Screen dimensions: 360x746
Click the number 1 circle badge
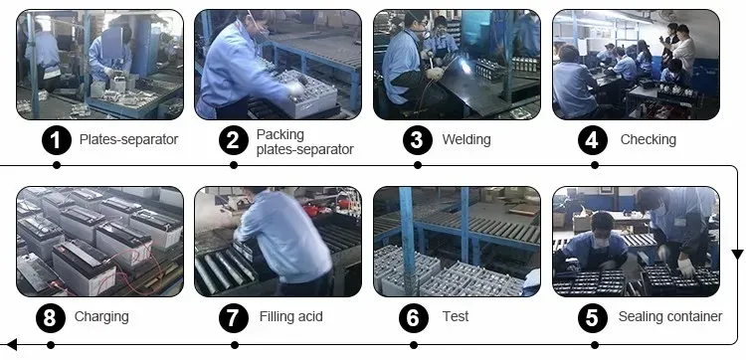click(57, 140)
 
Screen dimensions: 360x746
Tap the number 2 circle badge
click(233, 140)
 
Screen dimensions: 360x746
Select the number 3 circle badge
click(416, 140)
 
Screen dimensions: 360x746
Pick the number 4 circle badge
click(594, 140)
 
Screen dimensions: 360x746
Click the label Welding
click(466, 140)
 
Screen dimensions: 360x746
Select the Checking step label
click(648, 140)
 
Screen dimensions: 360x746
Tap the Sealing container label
click(669, 317)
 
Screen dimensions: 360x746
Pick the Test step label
click(456, 317)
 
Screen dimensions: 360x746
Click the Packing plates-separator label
click(304, 141)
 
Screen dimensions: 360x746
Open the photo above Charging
click(99, 242)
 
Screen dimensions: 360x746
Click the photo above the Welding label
click(457, 65)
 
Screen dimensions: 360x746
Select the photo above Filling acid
click(278, 242)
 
